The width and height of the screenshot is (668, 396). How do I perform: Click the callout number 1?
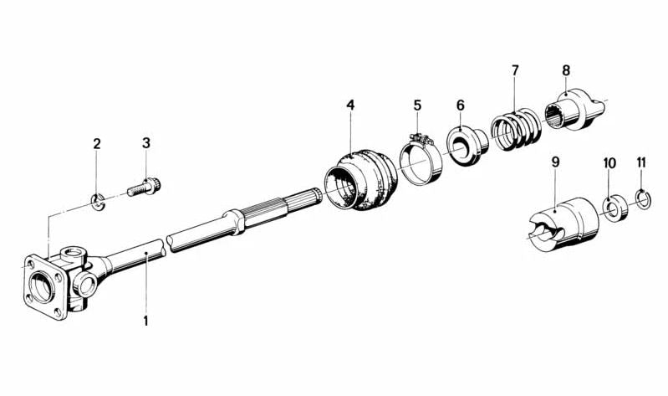coord(145,321)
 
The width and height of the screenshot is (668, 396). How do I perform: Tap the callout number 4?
coord(350,105)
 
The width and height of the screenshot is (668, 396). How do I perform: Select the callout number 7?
coord(516,70)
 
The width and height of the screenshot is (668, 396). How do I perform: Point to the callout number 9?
coord(555,162)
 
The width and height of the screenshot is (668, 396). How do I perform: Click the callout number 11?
coord(641,162)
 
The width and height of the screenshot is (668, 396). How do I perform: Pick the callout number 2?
coord(97,144)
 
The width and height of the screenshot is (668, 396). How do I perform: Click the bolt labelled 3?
coord(144,187)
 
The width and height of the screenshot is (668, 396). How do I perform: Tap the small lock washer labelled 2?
coord(99,202)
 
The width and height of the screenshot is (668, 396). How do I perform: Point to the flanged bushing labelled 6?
coord(468,146)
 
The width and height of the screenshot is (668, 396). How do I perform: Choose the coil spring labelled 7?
coord(516,129)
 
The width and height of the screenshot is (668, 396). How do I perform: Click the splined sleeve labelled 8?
coord(575,110)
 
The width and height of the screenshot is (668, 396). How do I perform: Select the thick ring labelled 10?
coord(615,208)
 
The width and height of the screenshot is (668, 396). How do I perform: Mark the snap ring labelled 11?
coord(642,200)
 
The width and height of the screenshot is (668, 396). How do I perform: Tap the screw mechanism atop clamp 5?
coord(419,138)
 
